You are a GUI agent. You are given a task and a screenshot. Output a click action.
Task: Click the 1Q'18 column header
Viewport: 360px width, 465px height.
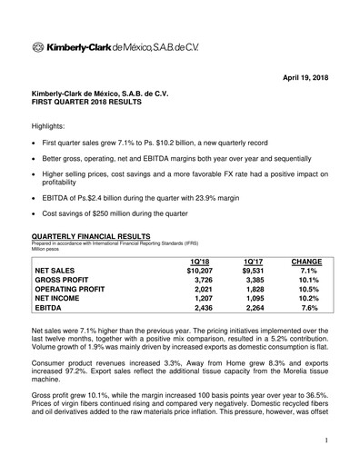(x=197, y=261)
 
